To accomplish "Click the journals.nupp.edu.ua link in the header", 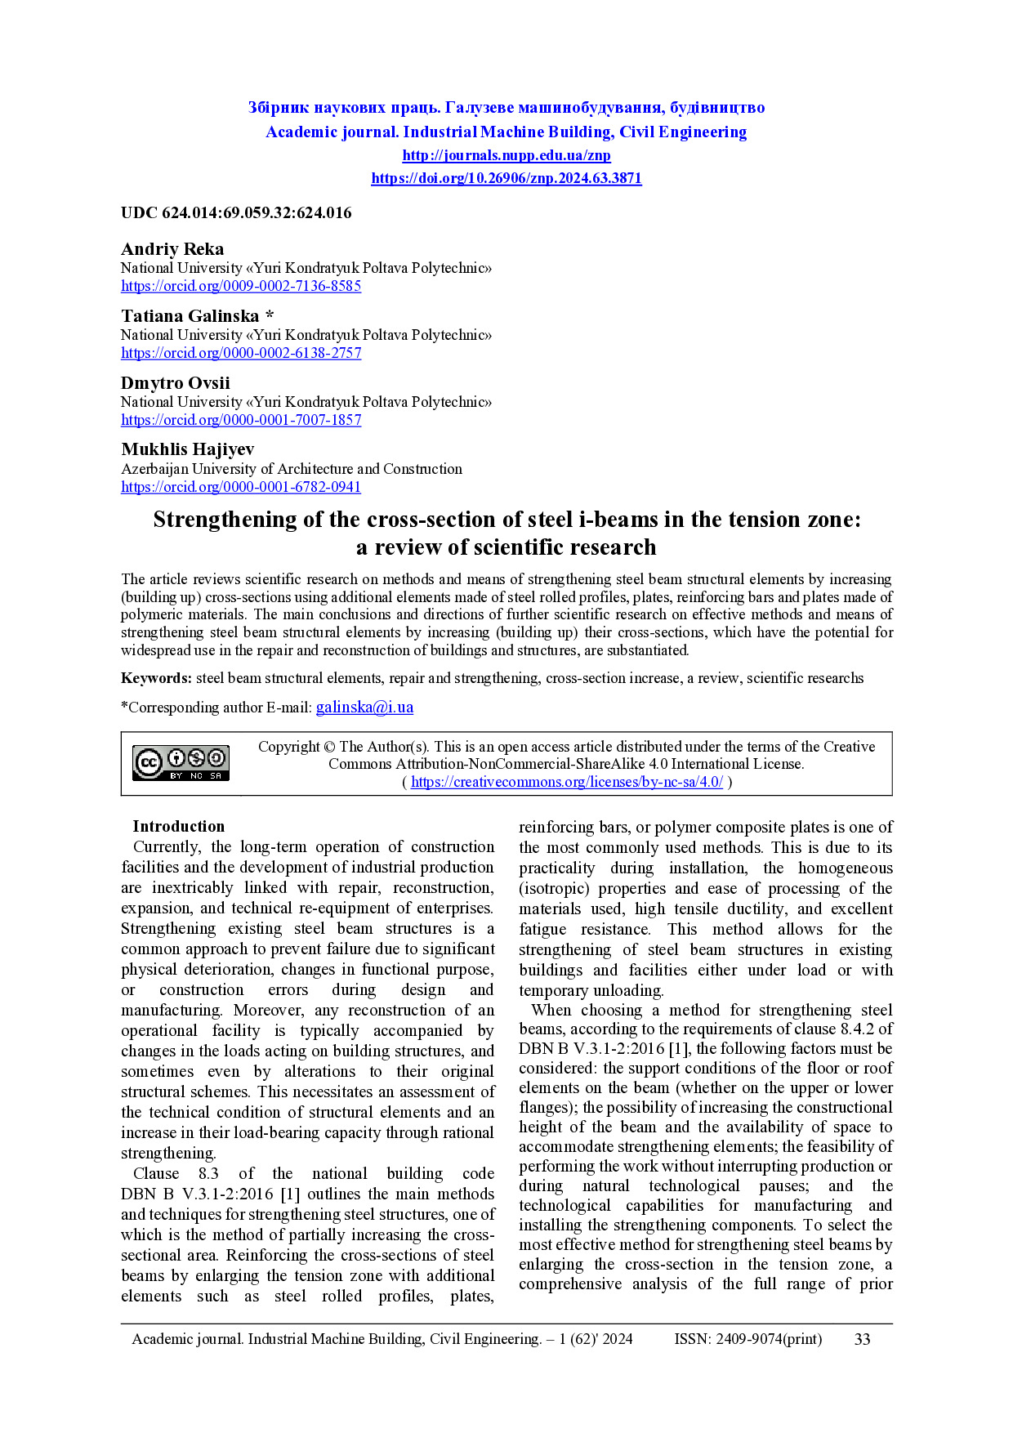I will click(x=506, y=155).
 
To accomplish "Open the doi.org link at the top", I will click(x=506, y=178).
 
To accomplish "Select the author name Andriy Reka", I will click(x=172, y=249).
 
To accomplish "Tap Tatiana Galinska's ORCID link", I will click(x=241, y=353).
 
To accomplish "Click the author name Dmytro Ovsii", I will click(x=176, y=383).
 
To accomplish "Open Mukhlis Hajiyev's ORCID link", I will click(x=241, y=487).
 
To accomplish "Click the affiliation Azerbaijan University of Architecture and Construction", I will click(x=292, y=469).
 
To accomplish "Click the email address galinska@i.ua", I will click(x=364, y=708).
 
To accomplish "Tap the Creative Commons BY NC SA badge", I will click(x=181, y=763).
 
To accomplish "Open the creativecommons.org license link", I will click(x=566, y=782).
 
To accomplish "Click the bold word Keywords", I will click(x=156, y=678).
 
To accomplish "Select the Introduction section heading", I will click(x=178, y=826).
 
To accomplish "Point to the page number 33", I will click(x=862, y=1339).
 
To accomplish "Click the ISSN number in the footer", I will click(x=748, y=1339).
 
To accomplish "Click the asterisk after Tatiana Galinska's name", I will click(x=270, y=316).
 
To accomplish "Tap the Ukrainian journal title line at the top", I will click(x=506, y=108).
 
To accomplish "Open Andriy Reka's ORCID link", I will click(x=241, y=286).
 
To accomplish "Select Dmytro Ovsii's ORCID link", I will click(x=241, y=420).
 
